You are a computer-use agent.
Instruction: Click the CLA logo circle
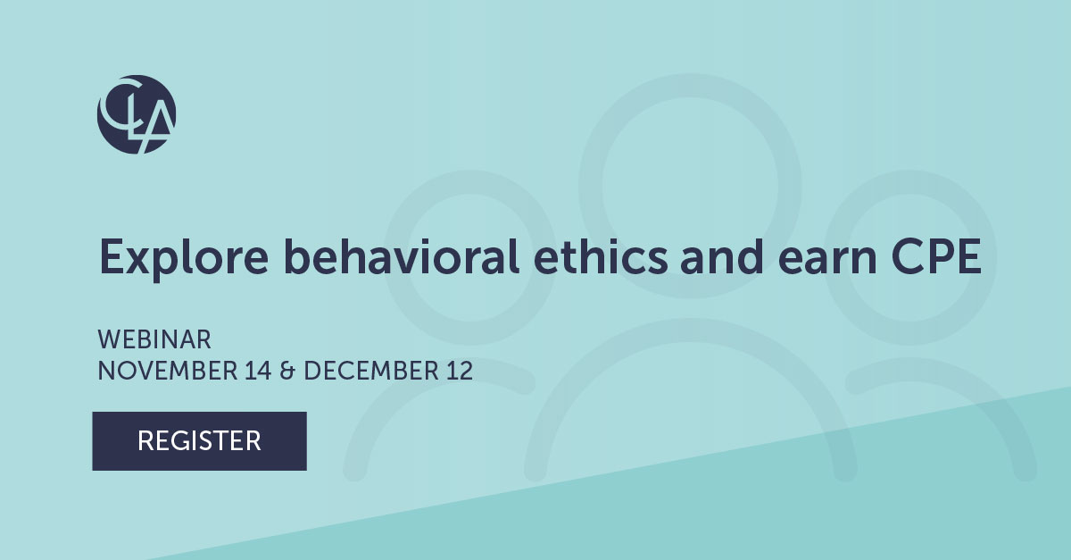[x=137, y=115]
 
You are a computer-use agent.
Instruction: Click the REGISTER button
[x=199, y=440]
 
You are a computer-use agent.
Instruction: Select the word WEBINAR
[x=154, y=340]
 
